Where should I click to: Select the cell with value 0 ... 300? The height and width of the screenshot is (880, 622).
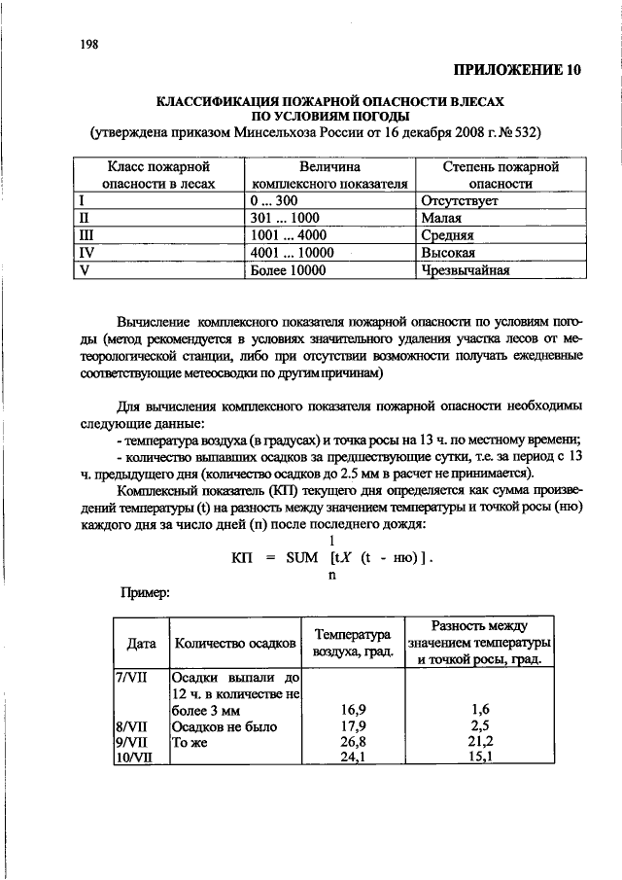(x=273, y=202)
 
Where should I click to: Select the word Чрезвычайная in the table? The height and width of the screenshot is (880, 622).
(x=466, y=271)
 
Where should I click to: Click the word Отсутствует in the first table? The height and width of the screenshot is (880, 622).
(x=459, y=202)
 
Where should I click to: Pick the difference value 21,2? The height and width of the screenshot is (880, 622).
(x=478, y=743)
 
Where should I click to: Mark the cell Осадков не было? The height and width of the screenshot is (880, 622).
(x=224, y=727)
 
